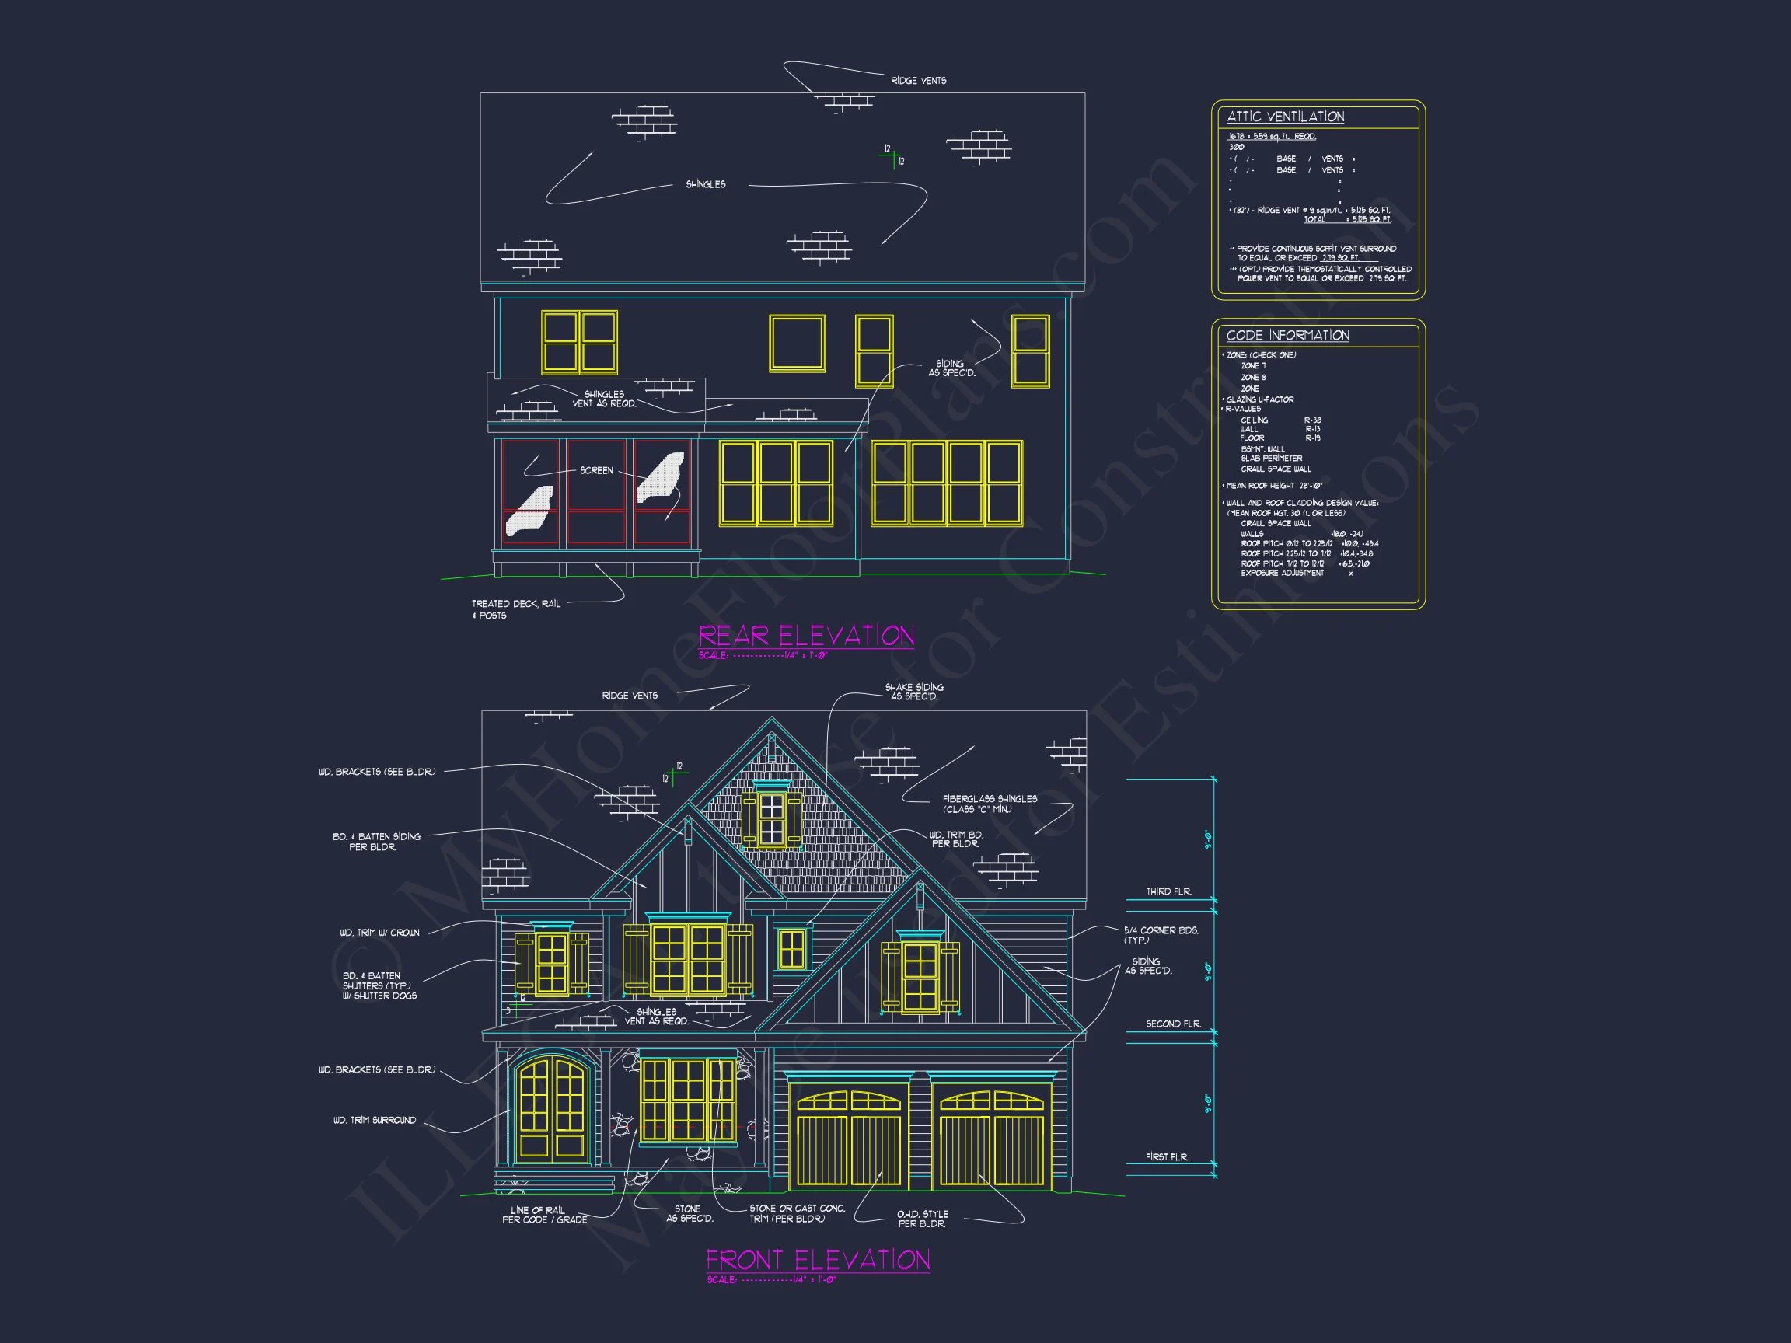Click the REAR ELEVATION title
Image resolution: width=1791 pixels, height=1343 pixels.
(x=805, y=636)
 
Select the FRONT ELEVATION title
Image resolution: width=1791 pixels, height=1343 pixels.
(x=818, y=1260)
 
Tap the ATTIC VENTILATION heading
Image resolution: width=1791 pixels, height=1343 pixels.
(x=1285, y=117)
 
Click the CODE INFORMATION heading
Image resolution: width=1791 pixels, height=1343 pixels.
(x=1287, y=335)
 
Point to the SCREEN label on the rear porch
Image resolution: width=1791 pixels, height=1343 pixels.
(x=596, y=470)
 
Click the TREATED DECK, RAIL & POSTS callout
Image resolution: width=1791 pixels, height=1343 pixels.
(x=515, y=609)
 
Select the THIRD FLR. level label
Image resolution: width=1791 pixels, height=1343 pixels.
(x=1168, y=891)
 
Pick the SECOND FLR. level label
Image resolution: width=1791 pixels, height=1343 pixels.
(x=1172, y=1024)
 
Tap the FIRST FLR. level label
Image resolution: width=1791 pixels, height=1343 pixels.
(x=1167, y=1156)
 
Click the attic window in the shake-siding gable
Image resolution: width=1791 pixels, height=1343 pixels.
(x=772, y=818)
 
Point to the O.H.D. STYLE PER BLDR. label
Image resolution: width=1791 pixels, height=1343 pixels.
(x=922, y=1219)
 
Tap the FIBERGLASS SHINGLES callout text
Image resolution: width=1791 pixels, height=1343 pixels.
(x=989, y=804)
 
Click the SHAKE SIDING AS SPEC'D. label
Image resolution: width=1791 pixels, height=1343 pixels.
(x=914, y=692)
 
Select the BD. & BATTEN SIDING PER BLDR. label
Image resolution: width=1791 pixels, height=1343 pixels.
(x=375, y=842)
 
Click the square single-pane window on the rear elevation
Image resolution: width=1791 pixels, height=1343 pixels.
(x=797, y=344)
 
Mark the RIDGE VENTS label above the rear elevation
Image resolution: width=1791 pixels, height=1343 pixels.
(x=918, y=81)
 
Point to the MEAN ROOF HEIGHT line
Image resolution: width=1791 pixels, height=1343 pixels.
(x=1273, y=486)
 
